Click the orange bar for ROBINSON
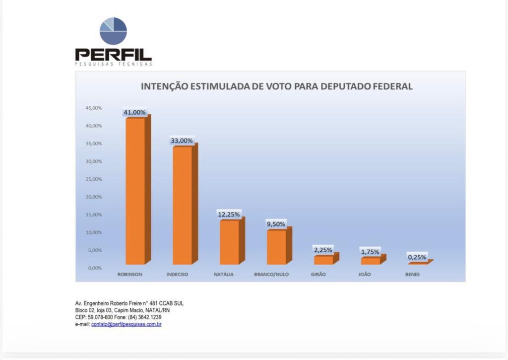[x=135, y=191]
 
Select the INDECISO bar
[x=182, y=205]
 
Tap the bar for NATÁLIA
[x=229, y=242]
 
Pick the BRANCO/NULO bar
[x=276, y=247]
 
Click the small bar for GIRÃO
[x=323, y=260]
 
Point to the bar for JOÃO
[x=371, y=261]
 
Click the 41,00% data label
[x=135, y=113]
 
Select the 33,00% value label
[x=182, y=141]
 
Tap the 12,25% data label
[x=229, y=215]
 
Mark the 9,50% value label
[x=276, y=224]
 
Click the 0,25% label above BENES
[x=417, y=257]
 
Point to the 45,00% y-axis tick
[x=94, y=108]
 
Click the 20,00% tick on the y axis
[x=94, y=197]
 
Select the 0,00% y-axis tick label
[x=95, y=268]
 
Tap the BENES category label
[x=412, y=275]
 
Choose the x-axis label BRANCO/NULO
[x=271, y=275]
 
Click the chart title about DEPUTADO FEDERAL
[x=277, y=86]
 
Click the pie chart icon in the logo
[x=113, y=31]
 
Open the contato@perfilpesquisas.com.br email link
[x=127, y=324]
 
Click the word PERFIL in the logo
[x=113, y=54]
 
